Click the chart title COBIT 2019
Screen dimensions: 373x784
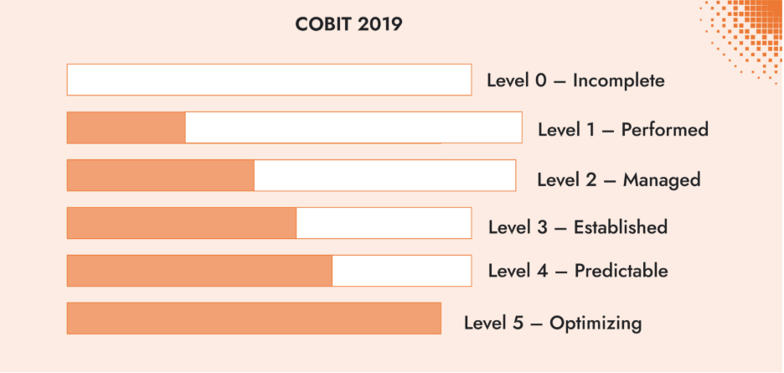click(348, 24)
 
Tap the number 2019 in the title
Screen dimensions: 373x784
click(379, 24)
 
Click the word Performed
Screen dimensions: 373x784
click(664, 130)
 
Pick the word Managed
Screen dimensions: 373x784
click(661, 180)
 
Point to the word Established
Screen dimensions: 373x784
click(620, 227)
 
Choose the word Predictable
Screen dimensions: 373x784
click(621, 272)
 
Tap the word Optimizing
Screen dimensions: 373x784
click(596, 323)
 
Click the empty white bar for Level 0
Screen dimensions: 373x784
click(269, 80)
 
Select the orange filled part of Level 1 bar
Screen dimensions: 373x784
click(126, 127)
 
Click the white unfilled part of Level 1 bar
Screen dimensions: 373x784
click(353, 127)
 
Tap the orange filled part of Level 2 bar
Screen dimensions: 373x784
click(160, 175)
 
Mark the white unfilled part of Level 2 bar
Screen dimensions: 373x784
click(384, 175)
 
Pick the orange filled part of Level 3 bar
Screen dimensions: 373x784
click(181, 223)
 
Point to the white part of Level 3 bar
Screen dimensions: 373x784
click(384, 223)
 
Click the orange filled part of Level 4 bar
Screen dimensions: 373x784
click(199, 271)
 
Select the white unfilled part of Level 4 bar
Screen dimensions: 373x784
click(401, 271)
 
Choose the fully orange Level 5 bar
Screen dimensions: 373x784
click(254, 319)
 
